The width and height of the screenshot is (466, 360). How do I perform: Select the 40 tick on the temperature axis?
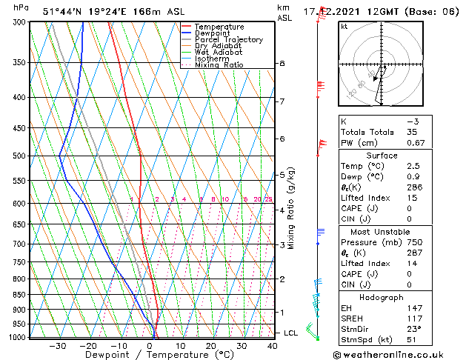coord(273,346)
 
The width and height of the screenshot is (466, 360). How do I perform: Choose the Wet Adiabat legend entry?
coord(218,52)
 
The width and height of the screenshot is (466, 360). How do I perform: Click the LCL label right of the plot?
coord(291,333)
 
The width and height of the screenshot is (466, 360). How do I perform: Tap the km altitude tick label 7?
coord(282,101)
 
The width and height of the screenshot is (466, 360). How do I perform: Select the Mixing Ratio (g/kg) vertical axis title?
coord(291,208)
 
